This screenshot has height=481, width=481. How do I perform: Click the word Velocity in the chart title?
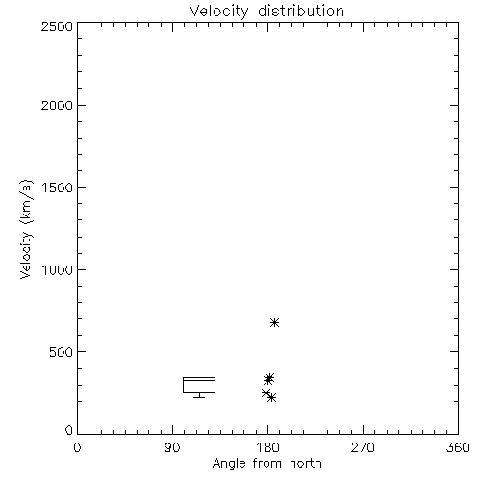pyautogui.click(x=218, y=12)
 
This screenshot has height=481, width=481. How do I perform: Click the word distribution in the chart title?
pyautogui.click(x=301, y=11)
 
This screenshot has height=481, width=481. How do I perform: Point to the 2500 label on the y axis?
pyautogui.click(x=57, y=26)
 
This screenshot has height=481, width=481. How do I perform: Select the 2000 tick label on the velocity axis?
pyautogui.click(x=57, y=105)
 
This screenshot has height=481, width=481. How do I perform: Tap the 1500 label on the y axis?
pyautogui.click(x=58, y=188)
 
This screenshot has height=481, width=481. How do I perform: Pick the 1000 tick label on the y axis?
pyautogui.click(x=58, y=270)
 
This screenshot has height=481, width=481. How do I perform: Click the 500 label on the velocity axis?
pyautogui.click(x=62, y=352)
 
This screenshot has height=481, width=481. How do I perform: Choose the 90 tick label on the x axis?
pyautogui.click(x=172, y=447)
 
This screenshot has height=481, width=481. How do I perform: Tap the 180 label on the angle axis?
pyautogui.click(x=267, y=447)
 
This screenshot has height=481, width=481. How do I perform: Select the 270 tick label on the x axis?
pyautogui.click(x=363, y=447)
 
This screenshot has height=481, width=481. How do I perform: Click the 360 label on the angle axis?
pyautogui.click(x=458, y=447)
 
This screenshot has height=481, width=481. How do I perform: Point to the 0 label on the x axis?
pyautogui.click(x=77, y=447)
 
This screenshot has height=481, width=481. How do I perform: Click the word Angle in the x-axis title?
pyautogui.click(x=229, y=464)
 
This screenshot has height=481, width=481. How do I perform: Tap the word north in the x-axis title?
pyautogui.click(x=306, y=463)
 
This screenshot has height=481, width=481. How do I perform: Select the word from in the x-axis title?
pyautogui.click(x=268, y=463)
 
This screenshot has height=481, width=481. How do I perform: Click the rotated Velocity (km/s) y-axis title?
pyautogui.click(x=26, y=229)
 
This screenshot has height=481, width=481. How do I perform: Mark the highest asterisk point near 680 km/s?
pyautogui.click(x=274, y=322)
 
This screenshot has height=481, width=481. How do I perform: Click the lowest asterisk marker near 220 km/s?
pyautogui.click(x=271, y=398)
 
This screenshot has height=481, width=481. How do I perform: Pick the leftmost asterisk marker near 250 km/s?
pyautogui.click(x=266, y=392)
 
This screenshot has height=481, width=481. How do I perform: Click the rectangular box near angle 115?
pyautogui.click(x=199, y=378)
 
